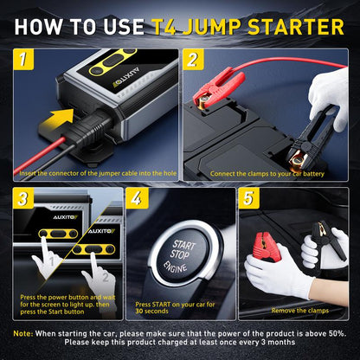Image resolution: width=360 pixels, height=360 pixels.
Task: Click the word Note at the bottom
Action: click(x=23, y=332)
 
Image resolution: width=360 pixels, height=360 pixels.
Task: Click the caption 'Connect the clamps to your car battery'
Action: click(x=266, y=171)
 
